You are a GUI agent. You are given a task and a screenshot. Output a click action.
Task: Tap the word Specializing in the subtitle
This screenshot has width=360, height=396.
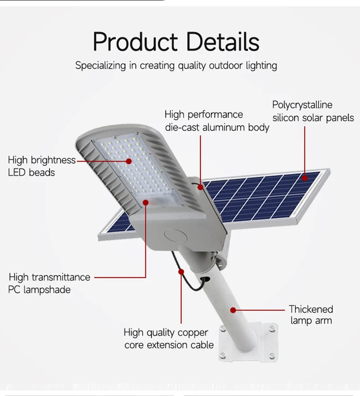(x=100, y=66)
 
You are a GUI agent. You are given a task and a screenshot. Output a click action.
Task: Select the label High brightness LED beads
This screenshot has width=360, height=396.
(x=41, y=166)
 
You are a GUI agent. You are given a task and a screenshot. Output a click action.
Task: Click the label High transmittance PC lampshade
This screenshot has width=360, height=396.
(x=49, y=283)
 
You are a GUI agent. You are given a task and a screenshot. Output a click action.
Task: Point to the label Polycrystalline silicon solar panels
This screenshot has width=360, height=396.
(x=313, y=112)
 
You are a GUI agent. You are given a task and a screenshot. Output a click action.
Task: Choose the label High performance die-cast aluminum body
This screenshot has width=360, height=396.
(x=216, y=121)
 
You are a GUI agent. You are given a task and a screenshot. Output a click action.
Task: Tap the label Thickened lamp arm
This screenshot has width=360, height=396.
(x=311, y=315)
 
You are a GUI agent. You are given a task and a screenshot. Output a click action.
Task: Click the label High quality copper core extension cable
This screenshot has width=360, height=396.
(x=169, y=339)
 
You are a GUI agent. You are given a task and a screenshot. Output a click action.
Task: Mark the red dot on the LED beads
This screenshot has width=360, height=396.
(x=129, y=160)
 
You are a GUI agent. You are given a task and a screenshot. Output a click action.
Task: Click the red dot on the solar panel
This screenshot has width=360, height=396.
(x=304, y=178)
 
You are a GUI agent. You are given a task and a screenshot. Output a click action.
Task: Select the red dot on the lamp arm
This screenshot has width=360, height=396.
(x=233, y=310)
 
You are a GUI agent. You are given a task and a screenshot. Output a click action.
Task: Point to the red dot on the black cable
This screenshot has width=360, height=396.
(x=181, y=271)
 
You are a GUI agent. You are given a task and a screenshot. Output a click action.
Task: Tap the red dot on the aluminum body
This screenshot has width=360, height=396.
(x=200, y=186)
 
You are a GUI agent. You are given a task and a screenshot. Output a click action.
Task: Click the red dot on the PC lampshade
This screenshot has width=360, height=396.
(x=146, y=202)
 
